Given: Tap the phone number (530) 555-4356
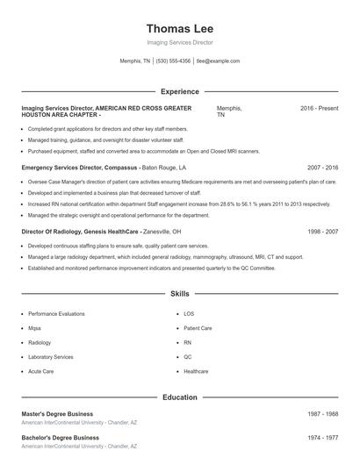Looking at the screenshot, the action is tap(174, 61).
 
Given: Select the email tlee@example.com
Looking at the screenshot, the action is tap(218, 61).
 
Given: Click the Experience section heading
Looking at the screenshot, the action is tap(179, 91).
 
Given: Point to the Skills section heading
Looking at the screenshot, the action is tap(179, 293).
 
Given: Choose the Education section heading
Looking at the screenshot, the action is tap(179, 397).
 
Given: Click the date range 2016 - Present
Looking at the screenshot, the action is tap(319, 108).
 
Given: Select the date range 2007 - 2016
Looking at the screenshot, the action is tap(322, 167).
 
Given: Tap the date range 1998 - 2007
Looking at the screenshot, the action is tap(322, 232).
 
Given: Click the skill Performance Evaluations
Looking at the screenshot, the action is tap(56, 313).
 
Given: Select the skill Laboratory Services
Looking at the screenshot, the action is tap(51, 357).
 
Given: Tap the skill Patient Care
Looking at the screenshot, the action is tap(198, 328).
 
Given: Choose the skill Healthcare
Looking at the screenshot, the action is tap(196, 371).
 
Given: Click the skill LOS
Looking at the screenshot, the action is tap(189, 313).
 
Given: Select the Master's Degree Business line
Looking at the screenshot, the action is tap(57, 413).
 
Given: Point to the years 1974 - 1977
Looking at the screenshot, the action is tap(322, 436).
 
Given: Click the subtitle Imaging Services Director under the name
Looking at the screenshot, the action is tap(179, 42).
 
